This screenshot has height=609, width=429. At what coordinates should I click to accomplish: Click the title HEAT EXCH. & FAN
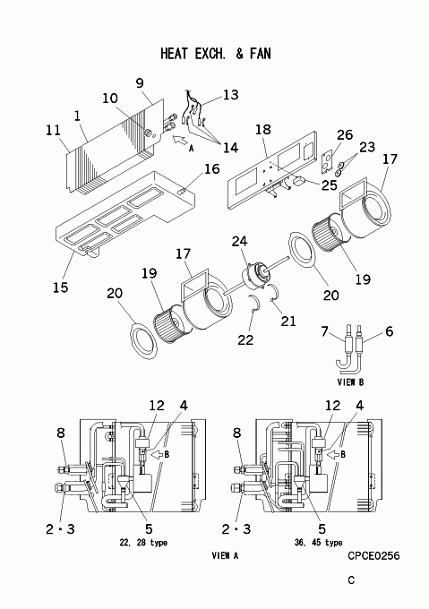pyautogui.click(x=216, y=54)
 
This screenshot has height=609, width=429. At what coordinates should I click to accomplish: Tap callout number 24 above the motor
pyautogui.click(x=239, y=242)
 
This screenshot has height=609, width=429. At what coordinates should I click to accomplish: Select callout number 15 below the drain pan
pyautogui.click(x=61, y=287)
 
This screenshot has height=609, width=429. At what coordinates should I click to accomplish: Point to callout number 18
pyautogui.click(x=262, y=129)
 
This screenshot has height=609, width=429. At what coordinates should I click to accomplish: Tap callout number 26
pyautogui.click(x=345, y=134)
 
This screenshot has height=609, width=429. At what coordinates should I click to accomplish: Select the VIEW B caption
pyautogui.click(x=350, y=382)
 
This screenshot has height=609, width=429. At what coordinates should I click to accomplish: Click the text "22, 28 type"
pyautogui.click(x=143, y=543)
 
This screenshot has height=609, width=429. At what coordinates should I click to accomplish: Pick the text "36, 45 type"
pyautogui.click(x=318, y=543)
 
